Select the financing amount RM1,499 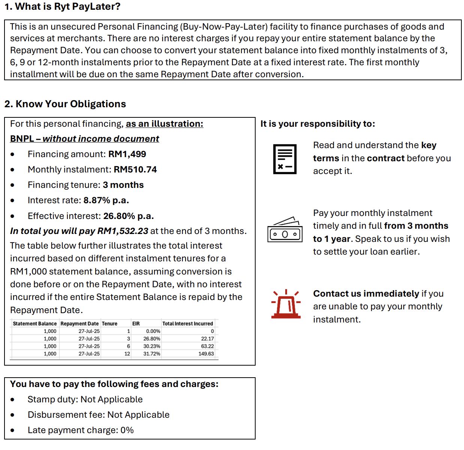click(127, 154)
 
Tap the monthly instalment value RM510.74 click(135, 169)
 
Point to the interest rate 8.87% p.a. click(106, 200)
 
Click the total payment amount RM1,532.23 click(123, 231)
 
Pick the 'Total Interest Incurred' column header click(187, 324)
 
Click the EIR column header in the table click(136, 324)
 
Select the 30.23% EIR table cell click(151, 346)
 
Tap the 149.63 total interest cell click(206, 354)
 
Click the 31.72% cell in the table click(151, 354)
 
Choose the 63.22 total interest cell click(207, 346)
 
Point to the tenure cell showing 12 click(127, 354)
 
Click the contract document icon click(285, 159)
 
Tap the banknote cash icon click(285, 230)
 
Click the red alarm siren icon click(286, 304)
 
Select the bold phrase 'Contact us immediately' click(366, 294)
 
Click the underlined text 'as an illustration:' click(164, 124)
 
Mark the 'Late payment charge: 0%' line click(81, 430)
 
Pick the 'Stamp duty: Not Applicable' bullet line click(85, 399)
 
